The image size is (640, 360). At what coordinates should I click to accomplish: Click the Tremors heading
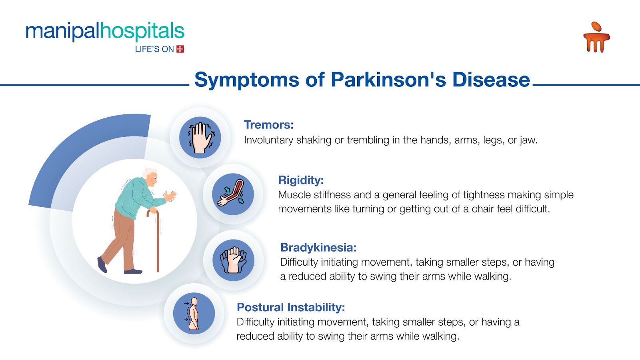(268, 125)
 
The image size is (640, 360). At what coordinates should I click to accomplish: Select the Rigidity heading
(301, 180)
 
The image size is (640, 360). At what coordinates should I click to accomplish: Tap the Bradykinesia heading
(318, 248)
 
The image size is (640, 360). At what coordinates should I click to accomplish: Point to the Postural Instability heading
(291, 308)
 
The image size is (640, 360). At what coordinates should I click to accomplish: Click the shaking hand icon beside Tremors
(200, 138)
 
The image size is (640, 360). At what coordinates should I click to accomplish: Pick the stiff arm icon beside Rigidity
(233, 194)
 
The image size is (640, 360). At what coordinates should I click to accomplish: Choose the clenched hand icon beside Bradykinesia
(233, 260)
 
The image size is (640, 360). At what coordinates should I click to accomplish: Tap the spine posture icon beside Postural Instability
(194, 314)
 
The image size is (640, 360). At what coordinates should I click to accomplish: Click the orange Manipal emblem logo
(596, 37)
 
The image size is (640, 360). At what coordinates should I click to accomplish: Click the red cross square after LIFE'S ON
(180, 49)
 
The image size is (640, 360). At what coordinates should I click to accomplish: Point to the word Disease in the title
(491, 80)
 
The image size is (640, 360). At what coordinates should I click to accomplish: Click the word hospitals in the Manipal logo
(142, 32)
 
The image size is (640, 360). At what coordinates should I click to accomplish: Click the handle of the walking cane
(152, 213)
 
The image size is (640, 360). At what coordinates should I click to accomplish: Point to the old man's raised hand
(170, 196)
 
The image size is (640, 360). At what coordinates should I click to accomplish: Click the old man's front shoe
(133, 271)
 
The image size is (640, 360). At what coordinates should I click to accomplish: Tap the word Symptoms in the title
(246, 80)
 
